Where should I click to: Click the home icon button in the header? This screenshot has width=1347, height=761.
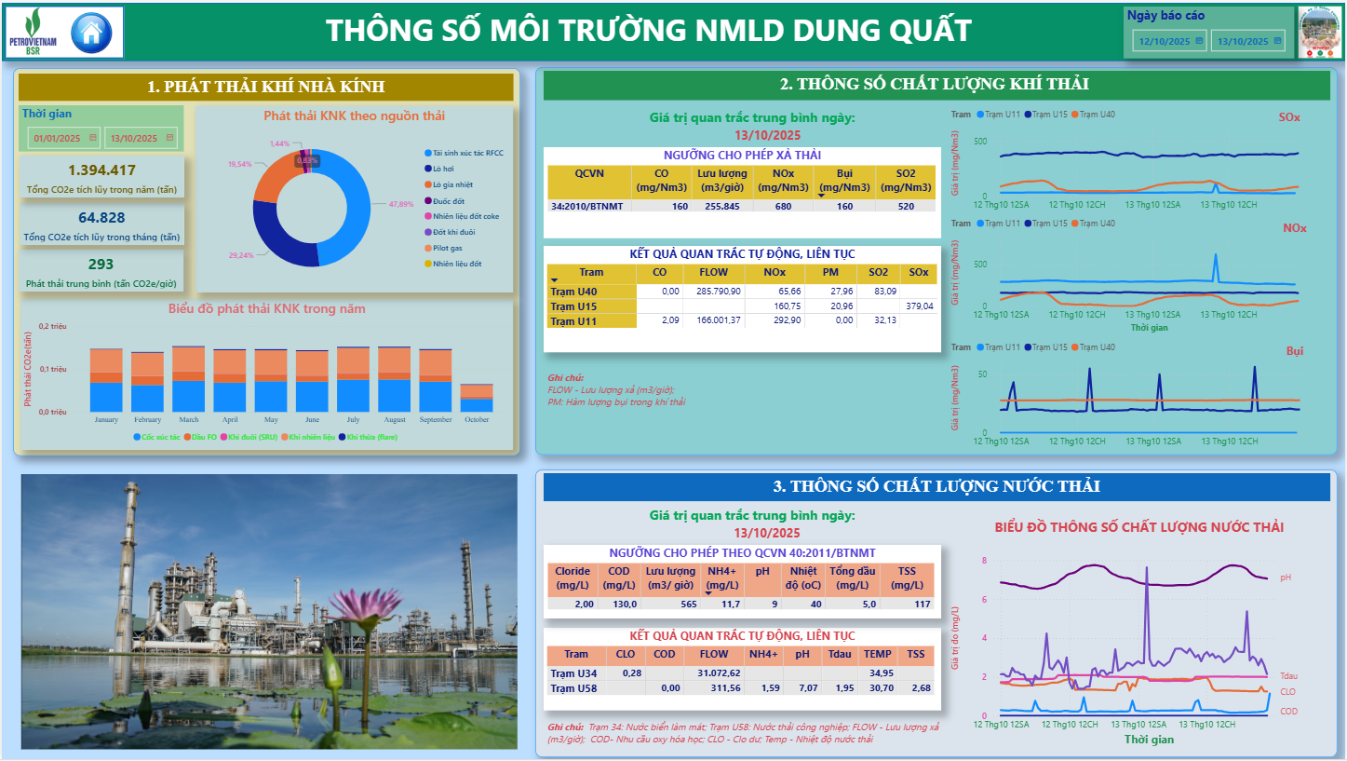pyautogui.click(x=91, y=33)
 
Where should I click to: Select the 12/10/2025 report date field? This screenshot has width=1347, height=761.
pyautogui.click(x=1164, y=41)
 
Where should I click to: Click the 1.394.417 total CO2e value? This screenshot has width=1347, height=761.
pyautogui.click(x=102, y=170)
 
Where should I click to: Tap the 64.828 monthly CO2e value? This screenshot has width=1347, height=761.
pyautogui.click(x=102, y=217)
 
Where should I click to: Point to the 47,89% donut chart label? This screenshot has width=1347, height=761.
pyautogui.click(x=401, y=203)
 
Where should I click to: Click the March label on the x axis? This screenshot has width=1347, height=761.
pyautogui.click(x=189, y=419)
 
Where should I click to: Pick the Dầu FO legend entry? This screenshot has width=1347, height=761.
pyautogui.click(x=204, y=436)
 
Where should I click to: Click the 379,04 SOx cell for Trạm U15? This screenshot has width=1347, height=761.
pyautogui.click(x=919, y=306)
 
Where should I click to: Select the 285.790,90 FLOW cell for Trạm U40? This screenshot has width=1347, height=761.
pyautogui.click(x=713, y=292)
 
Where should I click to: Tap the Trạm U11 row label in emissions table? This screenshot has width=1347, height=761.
pyautogui.click(x=573, y=320)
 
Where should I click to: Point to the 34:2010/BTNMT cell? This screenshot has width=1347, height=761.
pyautogui.click(x=586, y=206)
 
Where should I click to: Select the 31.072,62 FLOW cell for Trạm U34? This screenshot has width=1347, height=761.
pyautogui.click(x=719, y=673)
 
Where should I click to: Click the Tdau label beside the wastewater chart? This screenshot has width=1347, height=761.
pyautogui.click(x=1287, y=676)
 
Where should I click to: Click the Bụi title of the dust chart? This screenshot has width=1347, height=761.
pyautogui.click(x=1295, y=351)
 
